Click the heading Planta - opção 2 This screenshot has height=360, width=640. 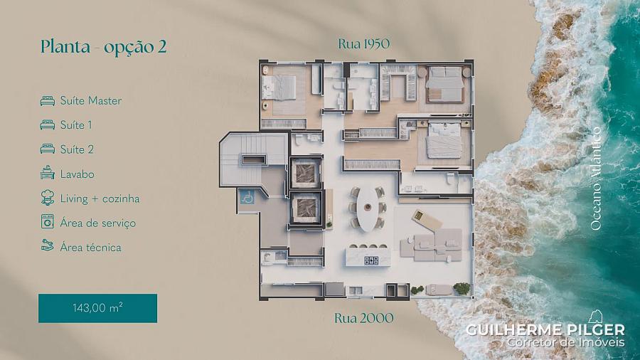104,47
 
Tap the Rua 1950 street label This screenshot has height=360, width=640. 363,43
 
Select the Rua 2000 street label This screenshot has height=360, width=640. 363,317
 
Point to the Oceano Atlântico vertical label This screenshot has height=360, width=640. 596,179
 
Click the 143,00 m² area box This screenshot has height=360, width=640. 97,308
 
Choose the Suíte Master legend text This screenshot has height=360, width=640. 90,100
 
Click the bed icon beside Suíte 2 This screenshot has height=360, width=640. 48,149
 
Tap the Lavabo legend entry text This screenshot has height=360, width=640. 77,174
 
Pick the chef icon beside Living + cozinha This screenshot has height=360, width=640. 48,198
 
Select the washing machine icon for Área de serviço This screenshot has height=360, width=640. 48,222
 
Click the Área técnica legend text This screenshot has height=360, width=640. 90,248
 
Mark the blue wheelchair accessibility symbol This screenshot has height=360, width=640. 246,197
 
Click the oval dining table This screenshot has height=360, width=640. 367,208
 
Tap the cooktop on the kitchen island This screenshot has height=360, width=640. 371,260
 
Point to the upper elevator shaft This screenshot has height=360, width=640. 305,174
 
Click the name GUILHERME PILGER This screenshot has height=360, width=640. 545,329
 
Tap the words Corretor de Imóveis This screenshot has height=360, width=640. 566,342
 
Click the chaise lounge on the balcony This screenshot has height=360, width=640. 426,219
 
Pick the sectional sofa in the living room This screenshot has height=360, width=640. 432,245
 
